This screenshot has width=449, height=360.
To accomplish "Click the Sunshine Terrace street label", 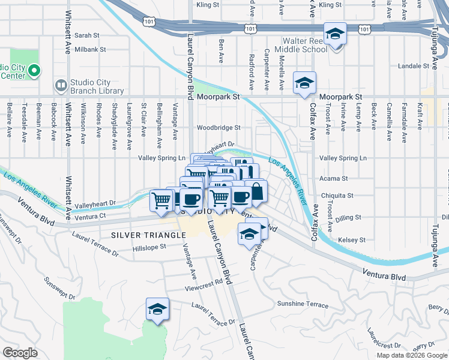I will [x=303, y=304].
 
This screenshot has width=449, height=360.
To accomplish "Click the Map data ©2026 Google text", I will [x=411, y=355].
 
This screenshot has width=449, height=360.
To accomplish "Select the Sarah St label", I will [x=87, y=36].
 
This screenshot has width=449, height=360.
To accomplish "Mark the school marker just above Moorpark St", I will [x=304, y=83].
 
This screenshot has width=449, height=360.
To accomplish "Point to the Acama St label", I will [x=335, y=179].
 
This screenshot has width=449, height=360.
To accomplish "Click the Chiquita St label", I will [x=337, y=196].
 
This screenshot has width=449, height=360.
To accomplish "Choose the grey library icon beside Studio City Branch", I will [x=60, y=86].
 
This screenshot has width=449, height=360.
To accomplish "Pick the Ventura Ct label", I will [x=91, y=216].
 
